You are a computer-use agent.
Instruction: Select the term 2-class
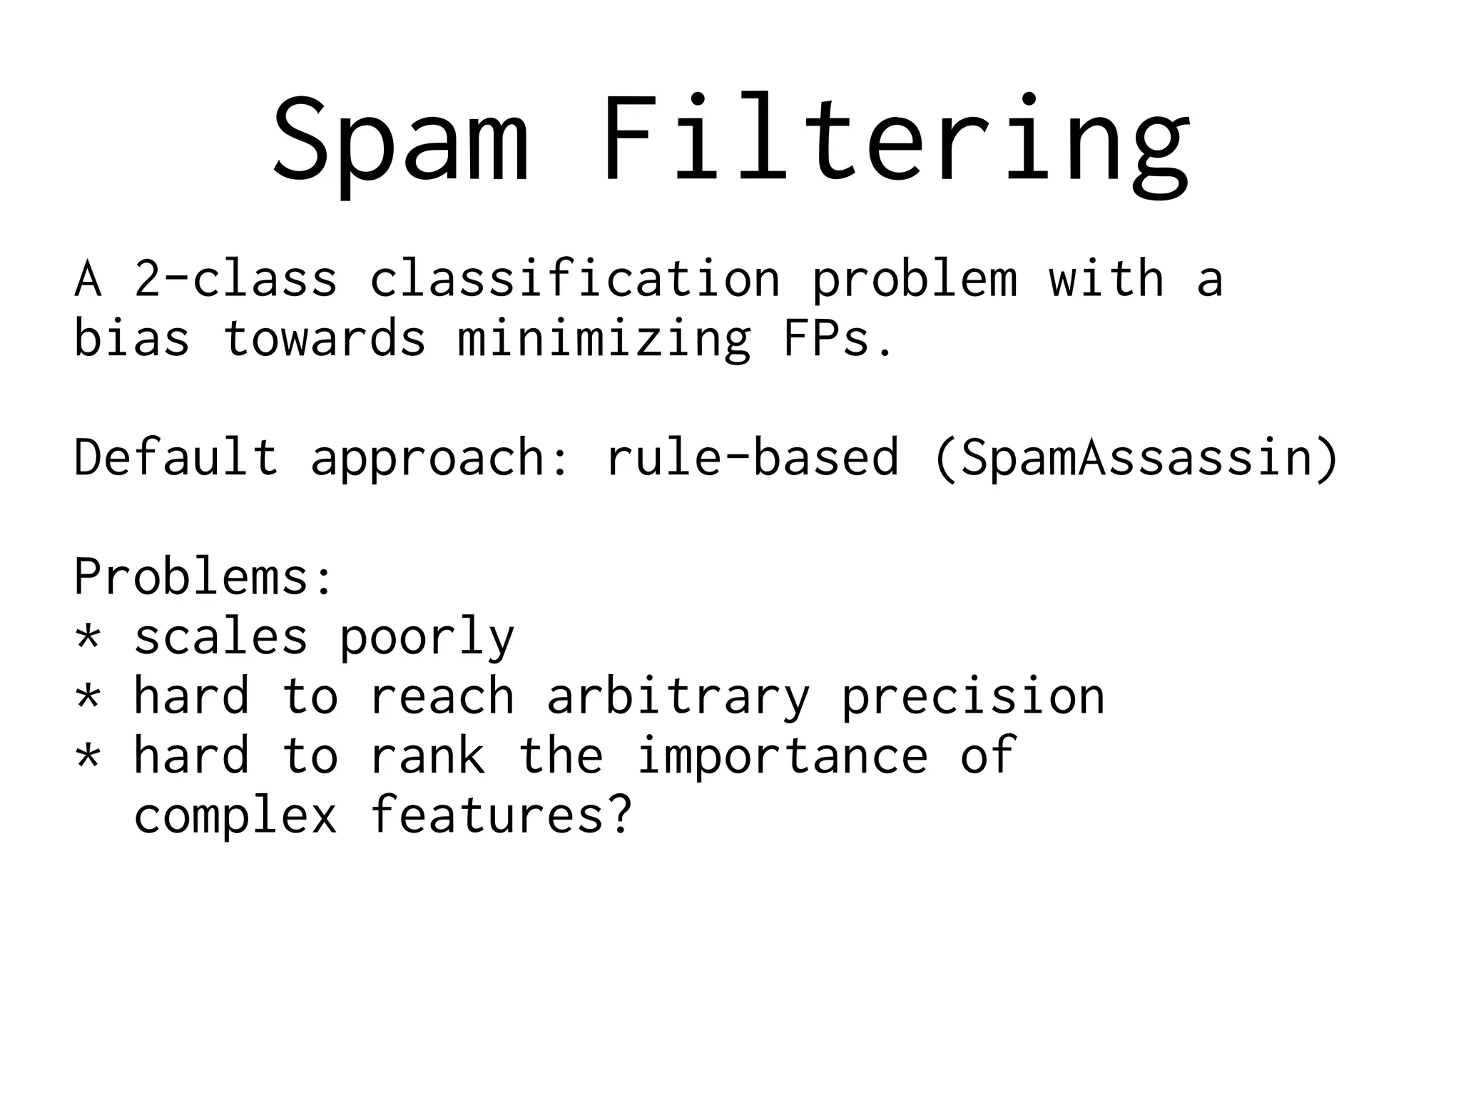[235, 279]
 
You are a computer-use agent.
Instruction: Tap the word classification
[574, 279]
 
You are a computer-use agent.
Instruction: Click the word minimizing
[604, 340]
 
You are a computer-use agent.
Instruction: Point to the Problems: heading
[204, 576]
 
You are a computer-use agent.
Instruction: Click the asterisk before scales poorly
[88, 636]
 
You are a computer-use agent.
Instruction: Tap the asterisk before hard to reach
[88, 695]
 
